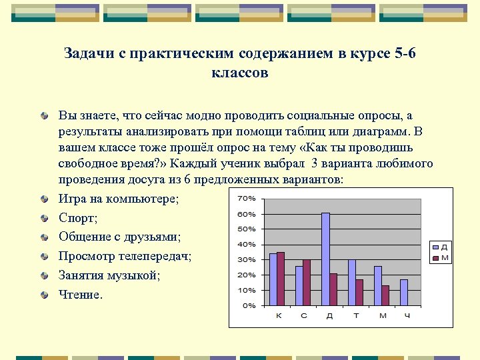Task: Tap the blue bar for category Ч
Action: [403, 292]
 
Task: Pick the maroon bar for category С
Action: [307, 282]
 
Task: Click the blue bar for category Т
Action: [351, 282]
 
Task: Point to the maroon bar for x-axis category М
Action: [385, 295]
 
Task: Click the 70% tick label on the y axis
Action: [247, 198]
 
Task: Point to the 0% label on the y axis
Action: [249, 305]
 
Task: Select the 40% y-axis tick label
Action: [247, 244]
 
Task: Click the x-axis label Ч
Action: [407, 315]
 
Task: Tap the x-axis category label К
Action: [278, 315]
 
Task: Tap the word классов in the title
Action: [239, 73]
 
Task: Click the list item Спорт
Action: [78, 218]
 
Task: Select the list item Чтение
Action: [81, 294]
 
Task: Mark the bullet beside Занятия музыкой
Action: [44, 275]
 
